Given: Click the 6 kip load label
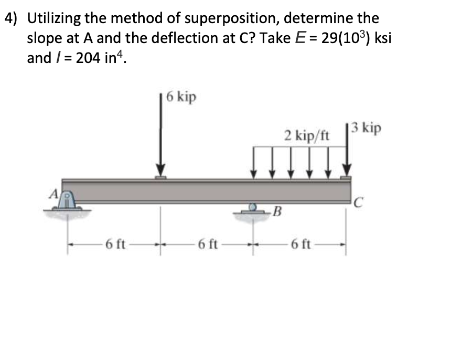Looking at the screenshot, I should click(181, 97).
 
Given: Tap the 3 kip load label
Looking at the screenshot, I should click(367, 128).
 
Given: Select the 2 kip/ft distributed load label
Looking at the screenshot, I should click(307, 136).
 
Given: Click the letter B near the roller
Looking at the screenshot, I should click(278, 213).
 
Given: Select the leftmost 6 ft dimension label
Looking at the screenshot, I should click(114, 244).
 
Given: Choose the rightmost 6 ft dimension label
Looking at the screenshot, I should click(302, 244).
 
